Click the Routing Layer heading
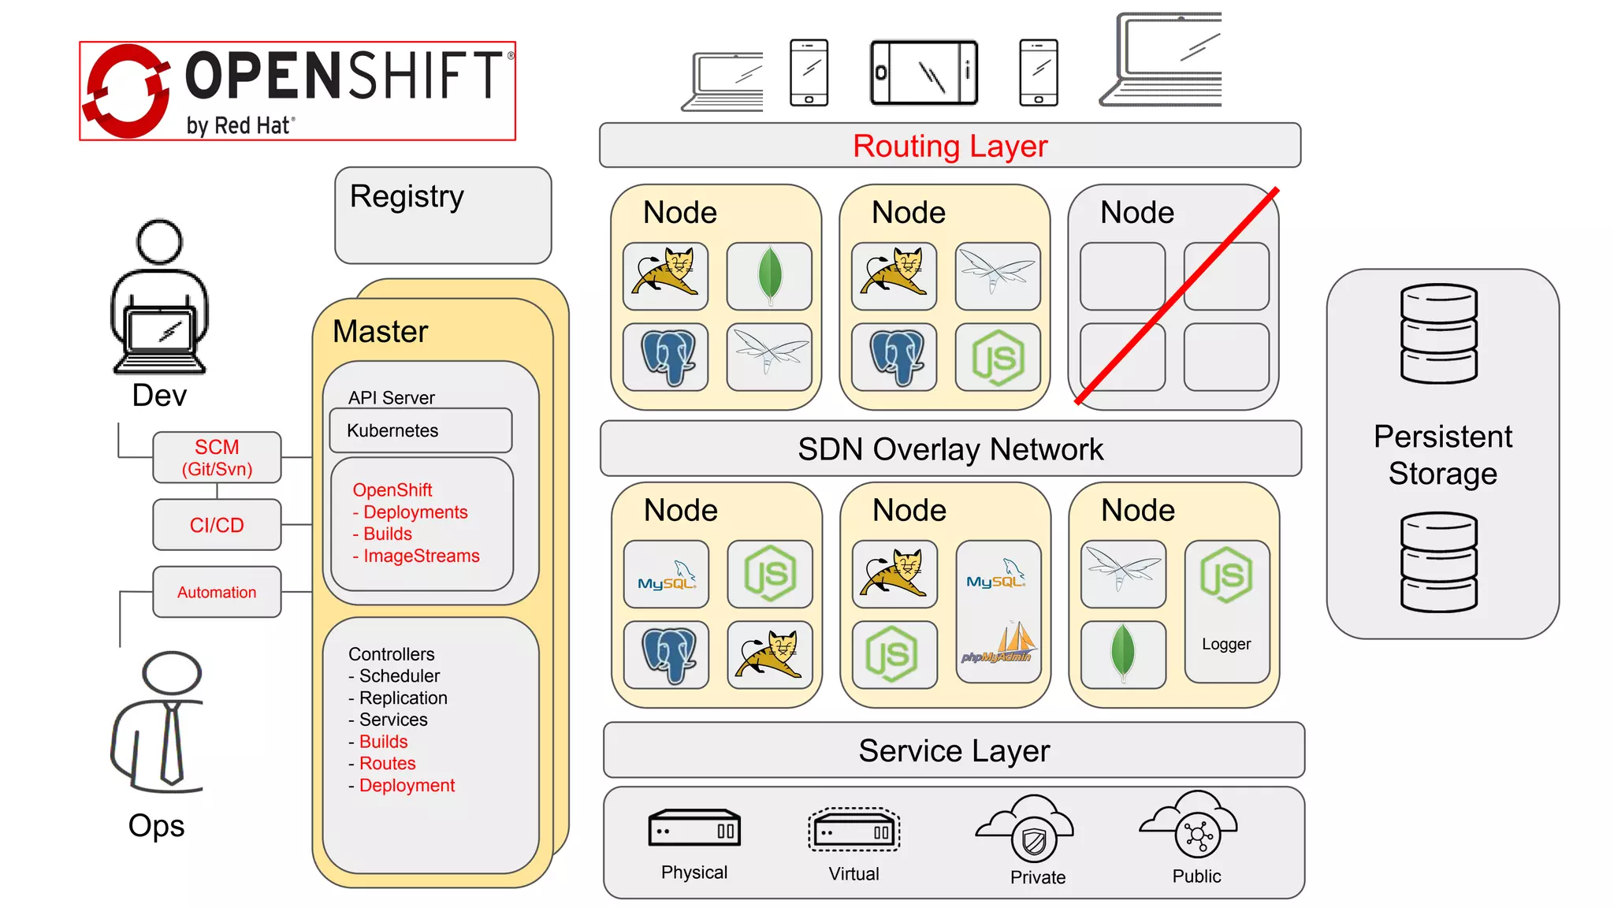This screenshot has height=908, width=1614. (x=950, y=147)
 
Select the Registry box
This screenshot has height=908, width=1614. (x=442, y=215)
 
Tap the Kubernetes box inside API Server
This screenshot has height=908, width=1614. (x=420, y=430)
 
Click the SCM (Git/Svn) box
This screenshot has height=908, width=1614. (x=217, y=457)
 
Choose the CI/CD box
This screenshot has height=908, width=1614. (x=217, y=525)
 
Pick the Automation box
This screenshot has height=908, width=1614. (x=217, y=592)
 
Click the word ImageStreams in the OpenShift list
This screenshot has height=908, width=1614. (x=421, y=556)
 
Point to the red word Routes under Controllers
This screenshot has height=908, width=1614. (x=387, y=763)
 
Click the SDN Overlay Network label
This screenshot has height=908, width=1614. (x=950, y=449)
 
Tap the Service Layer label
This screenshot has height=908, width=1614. (x=954, y=750)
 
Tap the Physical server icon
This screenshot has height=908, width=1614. (x=694, y=828)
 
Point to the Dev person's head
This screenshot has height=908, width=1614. (x=159, y=241)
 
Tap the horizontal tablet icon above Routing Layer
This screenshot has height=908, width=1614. (x=924, y=73)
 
